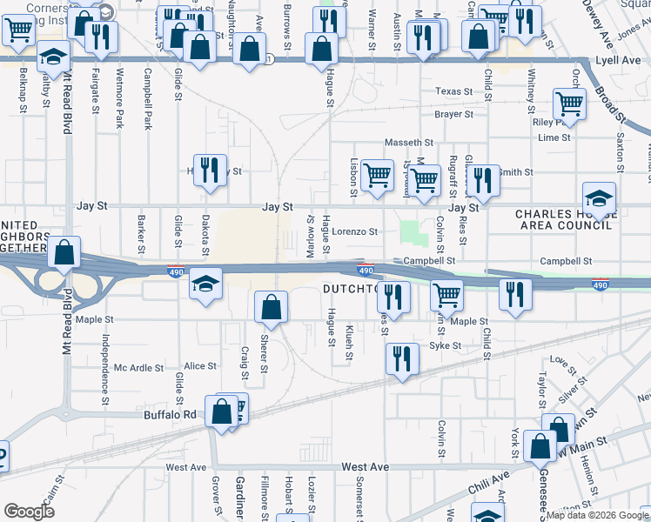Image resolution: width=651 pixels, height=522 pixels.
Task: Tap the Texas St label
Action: point(453,91)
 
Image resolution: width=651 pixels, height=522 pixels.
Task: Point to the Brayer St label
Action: point(453,114)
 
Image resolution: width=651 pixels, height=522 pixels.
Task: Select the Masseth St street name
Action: point(409,142)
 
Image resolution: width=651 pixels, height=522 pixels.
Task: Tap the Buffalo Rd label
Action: point(170,415)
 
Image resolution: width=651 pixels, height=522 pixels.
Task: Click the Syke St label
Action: point(445,345)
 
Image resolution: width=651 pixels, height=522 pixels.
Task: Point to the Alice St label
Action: point(199,366)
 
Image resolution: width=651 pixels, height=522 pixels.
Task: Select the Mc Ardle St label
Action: point(138,368)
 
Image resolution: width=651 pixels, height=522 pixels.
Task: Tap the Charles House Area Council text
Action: point(561,220)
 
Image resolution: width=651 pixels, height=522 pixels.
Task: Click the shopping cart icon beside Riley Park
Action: point(569,104)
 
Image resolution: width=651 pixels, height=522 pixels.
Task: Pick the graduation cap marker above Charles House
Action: point(599,197)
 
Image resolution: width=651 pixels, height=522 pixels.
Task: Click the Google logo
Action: point(29,512)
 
